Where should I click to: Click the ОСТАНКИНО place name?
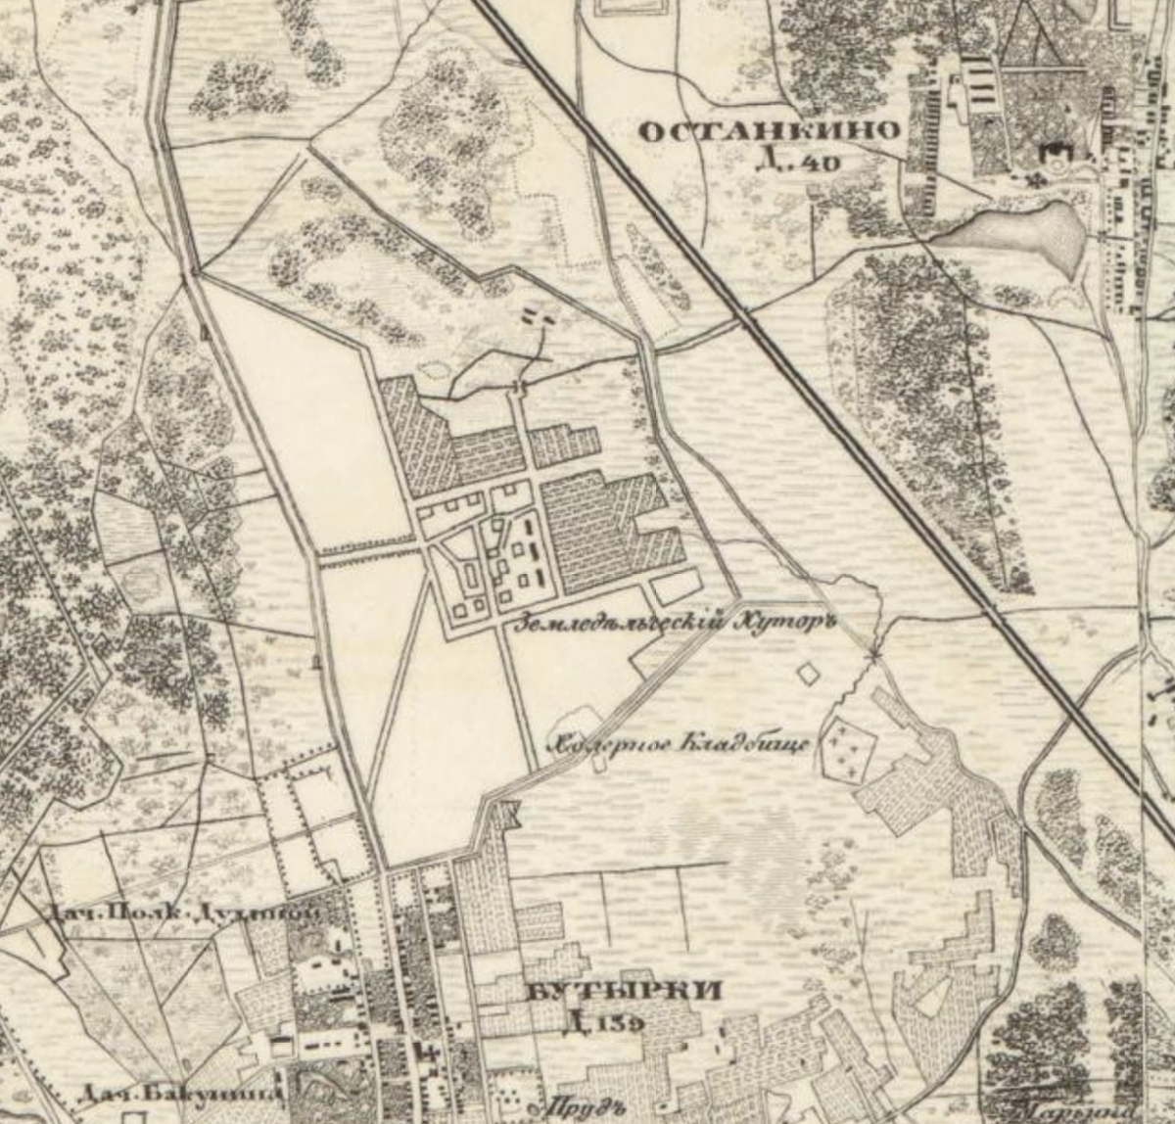768,130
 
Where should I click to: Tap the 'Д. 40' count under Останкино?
798,161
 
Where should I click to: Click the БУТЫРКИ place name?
624,992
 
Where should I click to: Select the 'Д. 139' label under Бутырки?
604,1024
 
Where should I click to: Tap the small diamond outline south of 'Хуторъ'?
808,674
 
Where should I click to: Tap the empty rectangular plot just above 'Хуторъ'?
675,586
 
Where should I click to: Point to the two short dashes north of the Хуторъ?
538,315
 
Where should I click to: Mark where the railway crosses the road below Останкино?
750,320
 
